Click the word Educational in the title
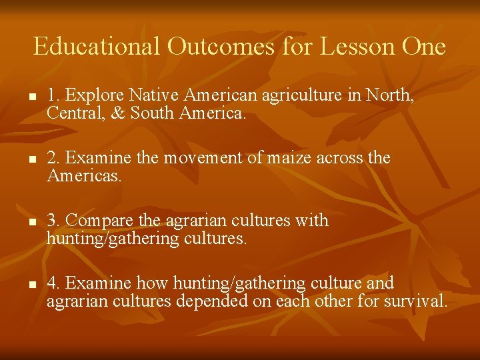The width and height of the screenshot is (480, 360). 97,47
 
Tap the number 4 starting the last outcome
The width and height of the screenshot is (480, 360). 51,283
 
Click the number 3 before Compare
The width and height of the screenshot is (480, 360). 51,221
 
